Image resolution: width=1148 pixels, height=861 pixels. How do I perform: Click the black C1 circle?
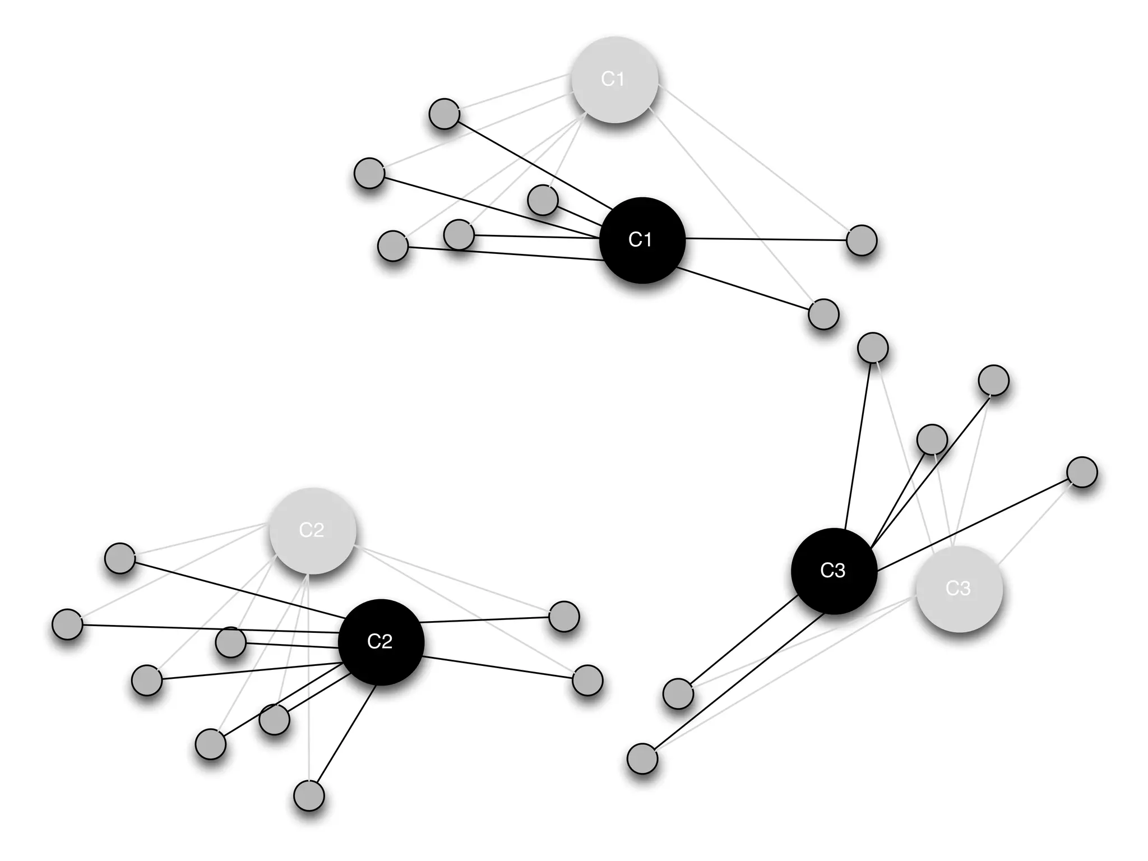tap(642, 240)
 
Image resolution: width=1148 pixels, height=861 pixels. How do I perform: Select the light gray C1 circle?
tap(614, 80)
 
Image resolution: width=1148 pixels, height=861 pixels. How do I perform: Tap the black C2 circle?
tap(381, 642)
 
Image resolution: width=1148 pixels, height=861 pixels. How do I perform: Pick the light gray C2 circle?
tap(312, 530)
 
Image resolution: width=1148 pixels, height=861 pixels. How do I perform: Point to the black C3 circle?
tap(834, 571)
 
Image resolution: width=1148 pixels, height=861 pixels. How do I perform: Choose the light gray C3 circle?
tap(959, 589)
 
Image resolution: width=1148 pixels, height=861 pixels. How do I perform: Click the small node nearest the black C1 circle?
tap(543, 200)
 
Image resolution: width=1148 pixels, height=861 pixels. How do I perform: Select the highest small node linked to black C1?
tap(444, 114)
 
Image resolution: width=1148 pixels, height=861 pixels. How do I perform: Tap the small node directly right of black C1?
tap(861, 240)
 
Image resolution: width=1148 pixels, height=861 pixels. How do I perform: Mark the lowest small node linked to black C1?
tap(823, 314)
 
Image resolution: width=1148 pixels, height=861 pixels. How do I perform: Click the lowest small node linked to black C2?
tap(309, 795)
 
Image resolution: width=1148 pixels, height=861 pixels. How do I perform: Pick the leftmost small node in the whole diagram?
tap(67, 624)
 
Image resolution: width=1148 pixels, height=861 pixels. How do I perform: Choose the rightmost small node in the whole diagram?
tap(1082, 472)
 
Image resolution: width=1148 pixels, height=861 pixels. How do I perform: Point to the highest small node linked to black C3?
tap(873, 348)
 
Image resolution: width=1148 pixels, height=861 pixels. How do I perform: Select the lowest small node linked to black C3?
tap(642, 758)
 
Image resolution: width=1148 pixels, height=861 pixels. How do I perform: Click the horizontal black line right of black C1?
tap(768, 240)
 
